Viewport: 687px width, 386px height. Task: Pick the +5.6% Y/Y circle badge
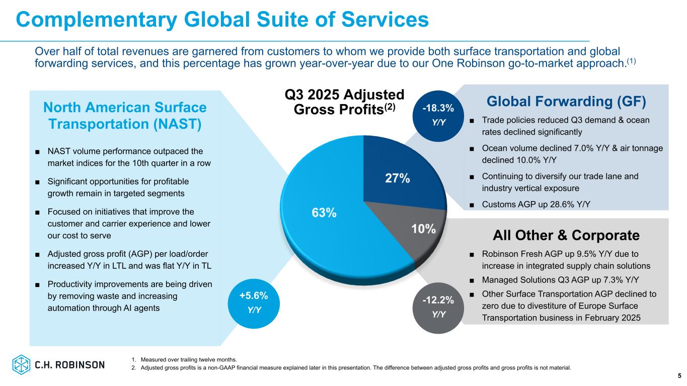[254, 302]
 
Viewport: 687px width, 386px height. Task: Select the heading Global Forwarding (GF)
[566, 102]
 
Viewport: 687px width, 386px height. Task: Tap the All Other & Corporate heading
[566, 235]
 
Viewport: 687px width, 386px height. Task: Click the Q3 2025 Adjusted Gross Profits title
[345, 102]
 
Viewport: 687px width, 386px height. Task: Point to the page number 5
[679, 376]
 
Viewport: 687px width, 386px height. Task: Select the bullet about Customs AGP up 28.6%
[536, 204]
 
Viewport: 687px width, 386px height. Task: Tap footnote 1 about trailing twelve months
[184, 359]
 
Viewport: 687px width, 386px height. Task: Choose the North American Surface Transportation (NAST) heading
[124, 116]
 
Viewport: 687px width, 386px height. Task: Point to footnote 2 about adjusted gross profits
[351, 367]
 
